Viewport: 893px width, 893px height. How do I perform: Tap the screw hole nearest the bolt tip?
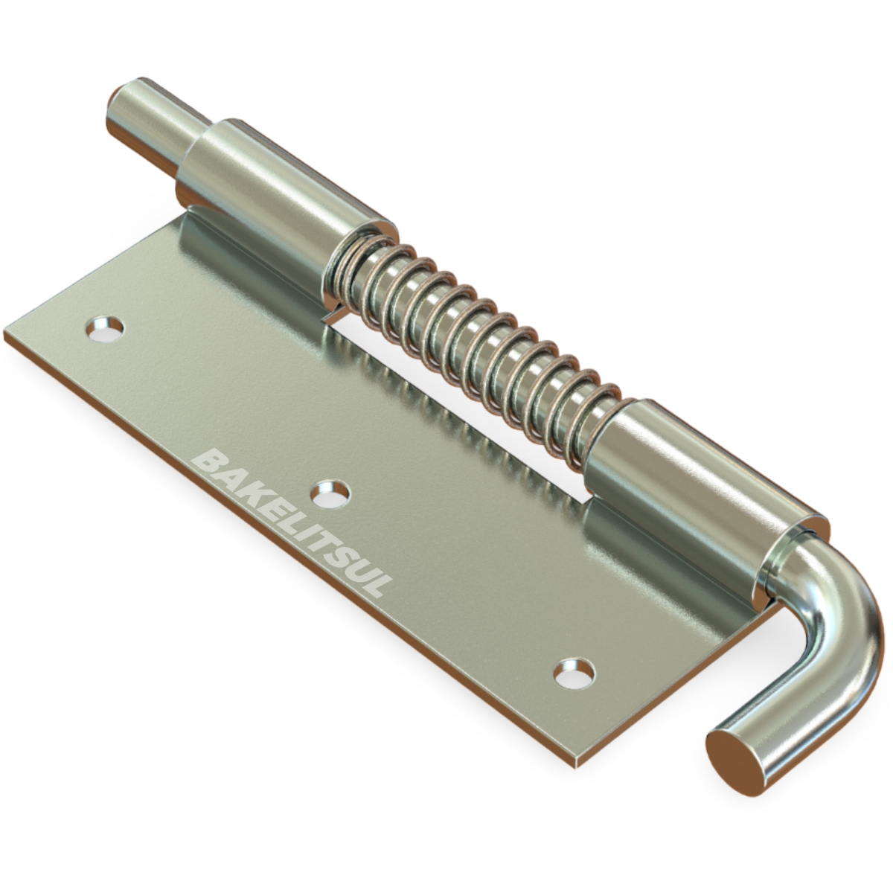coord(105,329)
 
